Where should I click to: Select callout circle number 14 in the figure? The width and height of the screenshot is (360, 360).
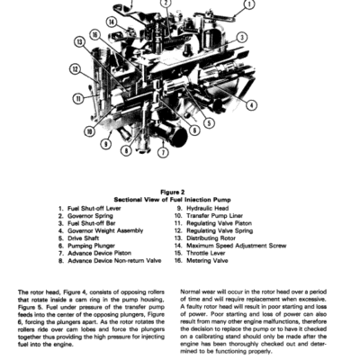tap(111, 21)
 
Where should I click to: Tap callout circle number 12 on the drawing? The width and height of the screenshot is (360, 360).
tap(76, 67)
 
